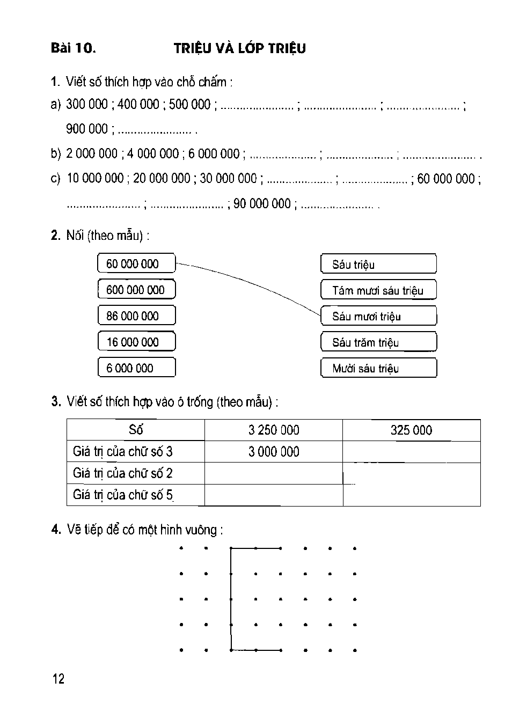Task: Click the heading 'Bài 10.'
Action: coord(73,48)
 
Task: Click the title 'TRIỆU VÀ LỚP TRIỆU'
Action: coord(240,48)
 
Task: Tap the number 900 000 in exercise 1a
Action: coord(87,129)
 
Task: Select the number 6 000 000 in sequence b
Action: coord(213,153)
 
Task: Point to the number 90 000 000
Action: coord(262,204)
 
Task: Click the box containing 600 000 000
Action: coord(136,290)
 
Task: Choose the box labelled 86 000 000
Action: coord(136,316)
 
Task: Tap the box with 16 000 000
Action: coord(136,342)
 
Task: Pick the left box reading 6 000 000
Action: coord(136,368)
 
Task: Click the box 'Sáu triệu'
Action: coord(378,264)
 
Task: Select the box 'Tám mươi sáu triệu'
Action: coord(378,290)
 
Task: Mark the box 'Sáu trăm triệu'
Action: coord(378,342)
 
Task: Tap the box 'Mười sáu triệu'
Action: coord(378,368)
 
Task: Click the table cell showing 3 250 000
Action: coord(274,430)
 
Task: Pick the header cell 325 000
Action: coord(411,430)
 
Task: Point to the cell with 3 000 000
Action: coord(274,452)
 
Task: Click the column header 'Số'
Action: coord(136,430)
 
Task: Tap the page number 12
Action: coord(58,679)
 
